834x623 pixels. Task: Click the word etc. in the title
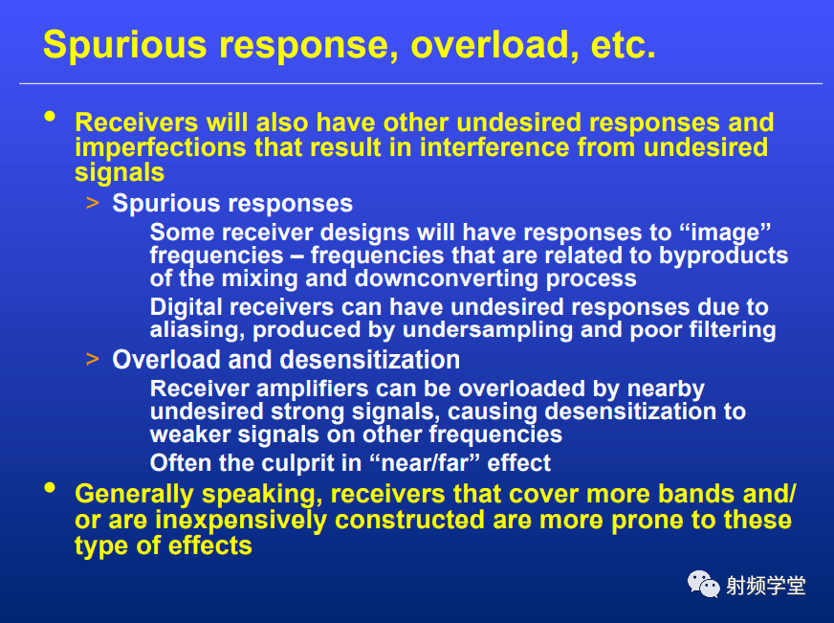pyautogui.click(x=623, y=45)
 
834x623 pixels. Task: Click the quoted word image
pyautogui.click(x=725, y=233)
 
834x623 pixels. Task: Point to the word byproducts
pyautogui.click(x=723, y=256)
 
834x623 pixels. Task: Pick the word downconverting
pyautogui.click(x=447, y=278)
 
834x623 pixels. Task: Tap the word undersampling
pyautogui.click(x=487, y=330)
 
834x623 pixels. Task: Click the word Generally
pyautogui.click(x=134, y=495)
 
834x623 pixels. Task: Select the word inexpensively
pyautogui.click(x=240, y=521)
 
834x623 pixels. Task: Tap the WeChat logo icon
pyautogui.click(x=703, y=584)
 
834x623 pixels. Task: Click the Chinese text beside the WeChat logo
pyautogui.click(x=765, y=586)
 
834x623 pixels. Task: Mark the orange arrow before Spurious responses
pyautogui.click(x=93, y=203)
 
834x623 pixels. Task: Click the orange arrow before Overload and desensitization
pyautogui.click(x=93, y=359)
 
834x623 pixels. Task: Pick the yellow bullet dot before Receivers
pyautogui.click(x=51, y=117)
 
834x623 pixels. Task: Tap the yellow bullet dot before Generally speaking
pyautogui.click(x=51, y=488)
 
